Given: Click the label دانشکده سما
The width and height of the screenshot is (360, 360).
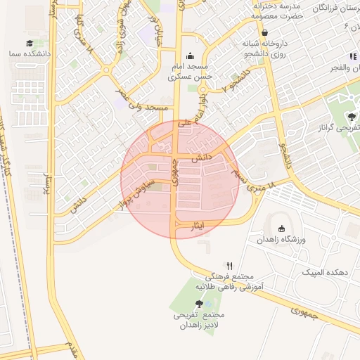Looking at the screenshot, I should [x=23, y=53].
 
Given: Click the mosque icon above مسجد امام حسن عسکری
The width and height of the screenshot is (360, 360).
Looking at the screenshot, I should [x=188, y=57].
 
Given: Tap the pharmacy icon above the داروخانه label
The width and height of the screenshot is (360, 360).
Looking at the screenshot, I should [x=264, y=32].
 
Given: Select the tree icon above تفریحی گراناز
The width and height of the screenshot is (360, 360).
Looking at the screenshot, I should [x=351, y=117].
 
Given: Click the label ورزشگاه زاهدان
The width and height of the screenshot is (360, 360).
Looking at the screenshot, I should [x=281, y=240].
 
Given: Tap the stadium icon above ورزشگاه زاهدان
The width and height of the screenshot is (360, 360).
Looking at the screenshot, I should [x=281, y=229].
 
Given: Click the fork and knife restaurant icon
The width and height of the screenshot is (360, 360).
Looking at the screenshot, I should [x=229, y=266].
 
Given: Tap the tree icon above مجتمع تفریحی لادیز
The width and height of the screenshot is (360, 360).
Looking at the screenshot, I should [x=200, y=304].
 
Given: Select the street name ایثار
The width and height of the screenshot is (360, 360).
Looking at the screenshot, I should [x=198, y=226].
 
